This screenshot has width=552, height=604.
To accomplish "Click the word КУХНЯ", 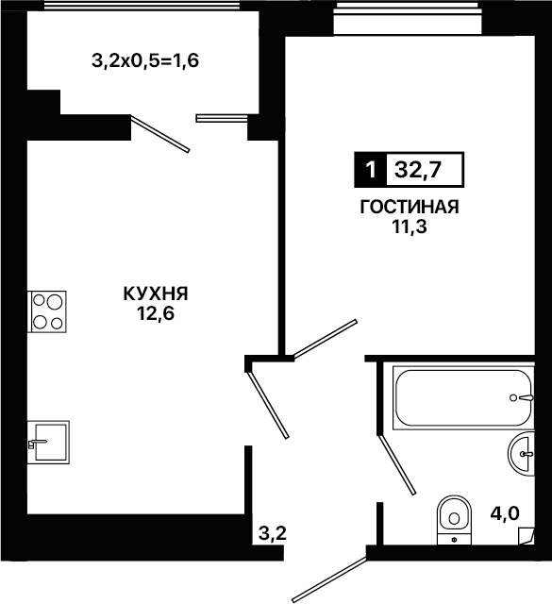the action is (x=156, y=294).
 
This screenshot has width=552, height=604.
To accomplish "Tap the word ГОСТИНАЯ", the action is (x=410, y=207).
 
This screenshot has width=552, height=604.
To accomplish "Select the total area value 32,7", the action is (x=418, y=170).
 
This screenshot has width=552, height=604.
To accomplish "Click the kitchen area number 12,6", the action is (x=156, y=314).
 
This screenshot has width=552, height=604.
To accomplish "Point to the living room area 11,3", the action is (x=410, y=227).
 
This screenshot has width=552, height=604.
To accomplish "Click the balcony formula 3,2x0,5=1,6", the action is (x=145, y=60).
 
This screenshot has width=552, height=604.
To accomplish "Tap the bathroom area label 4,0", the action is (x=505, y=513).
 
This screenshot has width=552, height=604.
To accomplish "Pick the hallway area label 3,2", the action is (x=273, y=533).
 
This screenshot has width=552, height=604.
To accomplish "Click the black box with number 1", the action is (x=371, y=170).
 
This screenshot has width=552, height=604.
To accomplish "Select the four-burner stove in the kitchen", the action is (x=47, y=311).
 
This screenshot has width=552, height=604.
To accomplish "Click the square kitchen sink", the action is (x=48, y=443).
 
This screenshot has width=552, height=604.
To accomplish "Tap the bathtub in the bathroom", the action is (x=463, y=398).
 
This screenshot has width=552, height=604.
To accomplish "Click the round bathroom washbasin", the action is (x=522, y=454).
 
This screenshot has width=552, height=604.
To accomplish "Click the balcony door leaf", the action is (x=160, y=134).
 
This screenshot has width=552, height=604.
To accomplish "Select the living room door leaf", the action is (x=326, y=339).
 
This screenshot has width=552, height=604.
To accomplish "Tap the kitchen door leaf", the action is (x=269, y=405).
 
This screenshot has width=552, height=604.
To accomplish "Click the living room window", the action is (x=408, y=19).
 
